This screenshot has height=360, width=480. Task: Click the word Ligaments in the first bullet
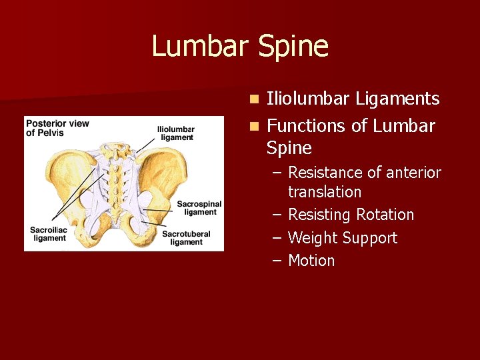[397, 99]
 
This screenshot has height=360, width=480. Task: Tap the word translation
[325, 192]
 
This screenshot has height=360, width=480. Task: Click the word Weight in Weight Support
[313, 238]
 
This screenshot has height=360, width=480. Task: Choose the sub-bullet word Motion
[311, 261]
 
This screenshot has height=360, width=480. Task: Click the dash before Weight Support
[277, 238]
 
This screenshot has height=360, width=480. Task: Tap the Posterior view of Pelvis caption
[57, 128]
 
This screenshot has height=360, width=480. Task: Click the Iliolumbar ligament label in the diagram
[176, 133]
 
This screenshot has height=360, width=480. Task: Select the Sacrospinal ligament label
[199, 207]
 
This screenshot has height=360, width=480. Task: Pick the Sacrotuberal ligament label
[186, 237]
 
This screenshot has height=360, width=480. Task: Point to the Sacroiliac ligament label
[49, 234]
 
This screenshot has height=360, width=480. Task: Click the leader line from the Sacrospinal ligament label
[160, 209]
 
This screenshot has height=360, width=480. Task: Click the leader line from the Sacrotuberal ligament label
[150, 227]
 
